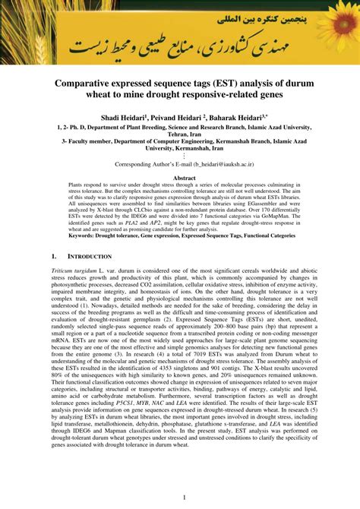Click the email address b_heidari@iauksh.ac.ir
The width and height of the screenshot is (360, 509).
click(219, 163)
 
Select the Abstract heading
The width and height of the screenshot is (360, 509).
click(179, 177)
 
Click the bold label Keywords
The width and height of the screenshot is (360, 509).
click(86, 236)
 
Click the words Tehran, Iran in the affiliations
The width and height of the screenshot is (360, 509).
click(180, 134)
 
